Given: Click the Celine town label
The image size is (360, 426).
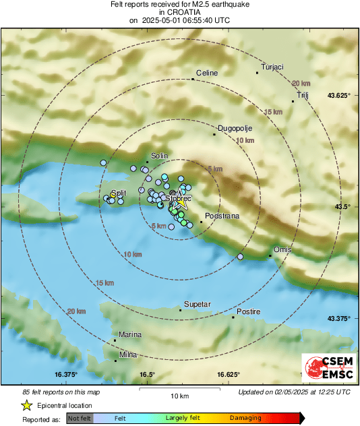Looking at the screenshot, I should pyautogui.click(x=207, y=73).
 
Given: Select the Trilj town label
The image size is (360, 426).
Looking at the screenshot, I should pyautogui.click(x=302, y=96).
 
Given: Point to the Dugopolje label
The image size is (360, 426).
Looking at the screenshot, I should pyautogui.click(x=233, y=128).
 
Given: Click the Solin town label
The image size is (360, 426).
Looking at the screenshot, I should pyautogui.click(x=159, y=156).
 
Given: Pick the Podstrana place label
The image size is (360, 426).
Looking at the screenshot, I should pyautogui.click(x=220, y=216).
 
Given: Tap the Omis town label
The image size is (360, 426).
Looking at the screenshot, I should pyautogui.click(x=282, y=249).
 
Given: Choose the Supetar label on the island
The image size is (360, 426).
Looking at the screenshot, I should pyautogui.click(x=198, y=304).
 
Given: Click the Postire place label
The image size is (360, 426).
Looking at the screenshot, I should pyautogui.click(x=248, y=311).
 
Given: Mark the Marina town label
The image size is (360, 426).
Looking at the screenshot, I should pyautogui.click(x=130, y=334).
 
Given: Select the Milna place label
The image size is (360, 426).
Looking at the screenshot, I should pyautogui.click(x=128, y=355).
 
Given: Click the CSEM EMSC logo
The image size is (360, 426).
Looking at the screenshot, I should pyautogui.click(x=325, y=367).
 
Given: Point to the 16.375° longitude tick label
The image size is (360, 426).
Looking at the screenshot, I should pyautogui.click(x=67, y=374).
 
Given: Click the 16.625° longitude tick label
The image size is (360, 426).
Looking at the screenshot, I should pyautogui.click(x=229, y=374).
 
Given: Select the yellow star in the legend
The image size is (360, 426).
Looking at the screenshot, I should pyautogui.click(x=27, y=405).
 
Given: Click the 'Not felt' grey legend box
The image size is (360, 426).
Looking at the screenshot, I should pyautogui.click(x=80, y=419).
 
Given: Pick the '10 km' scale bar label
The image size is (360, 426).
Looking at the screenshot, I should pyautogui.click(x=179, y=395).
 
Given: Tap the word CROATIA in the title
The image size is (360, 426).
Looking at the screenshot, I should pyautogui.click(x=179, y=12).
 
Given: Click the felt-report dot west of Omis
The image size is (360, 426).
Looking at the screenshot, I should pyautogui.click(x=241, y=257).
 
